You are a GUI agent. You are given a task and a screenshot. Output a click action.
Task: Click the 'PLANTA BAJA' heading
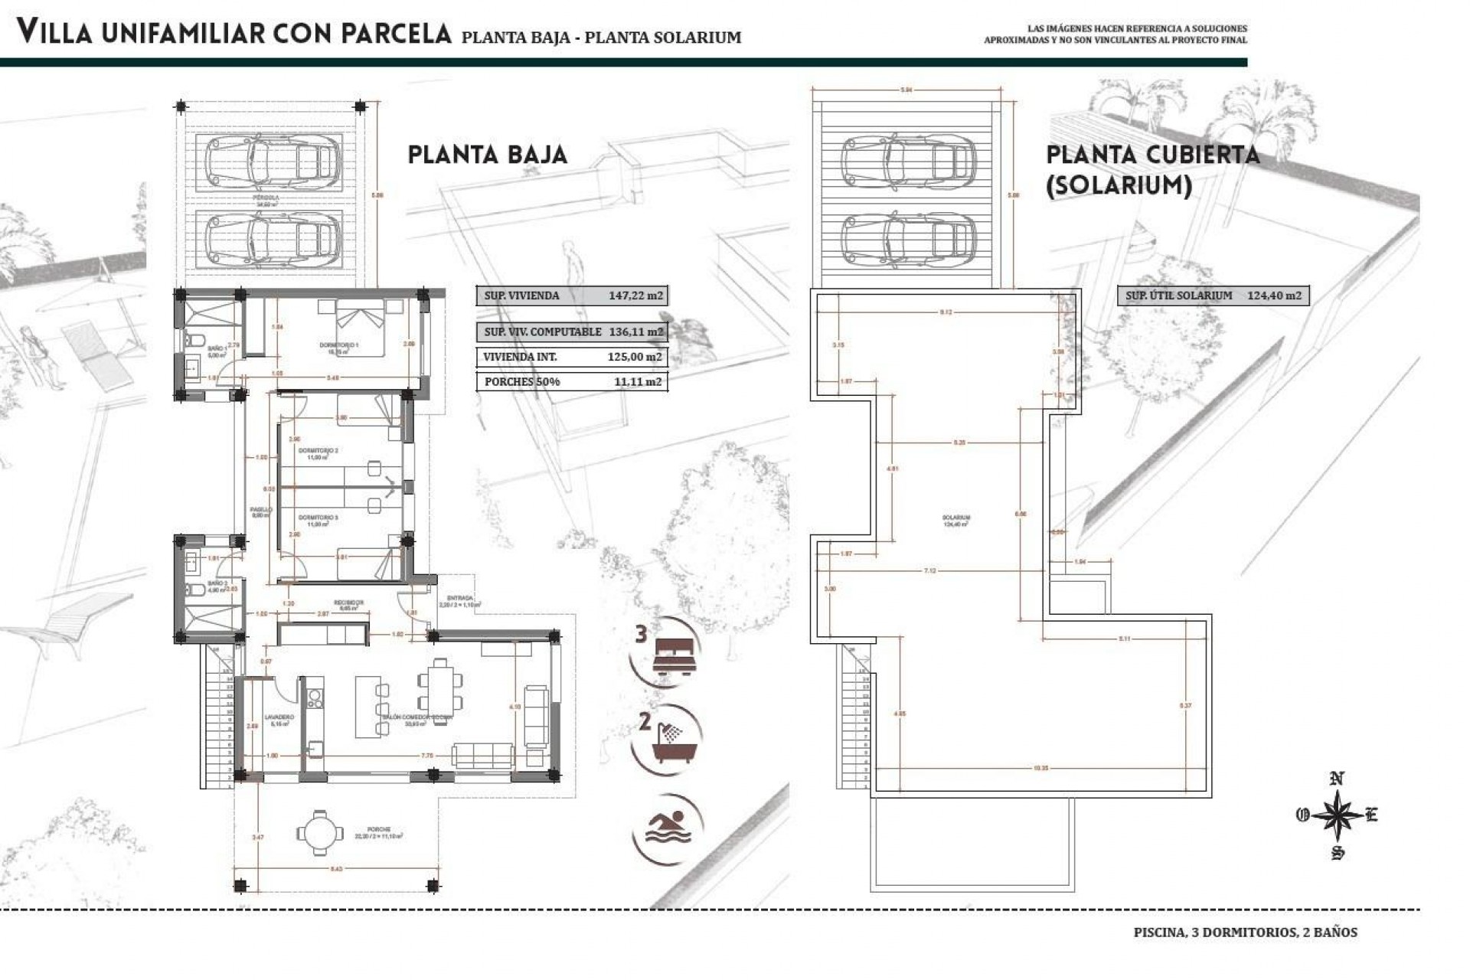point(487,155)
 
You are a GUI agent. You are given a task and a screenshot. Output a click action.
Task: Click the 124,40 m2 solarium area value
point(1274,296)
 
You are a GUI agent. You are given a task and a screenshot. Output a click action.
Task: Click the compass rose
point(1337,816)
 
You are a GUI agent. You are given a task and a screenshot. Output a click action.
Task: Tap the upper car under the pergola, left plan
point(272,161)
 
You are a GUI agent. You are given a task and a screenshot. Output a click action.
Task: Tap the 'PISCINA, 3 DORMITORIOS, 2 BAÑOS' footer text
point(1245,933)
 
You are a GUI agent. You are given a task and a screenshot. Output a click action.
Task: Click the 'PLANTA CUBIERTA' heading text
point(1152,155)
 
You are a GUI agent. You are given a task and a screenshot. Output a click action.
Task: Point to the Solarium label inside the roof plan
point(956,518)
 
